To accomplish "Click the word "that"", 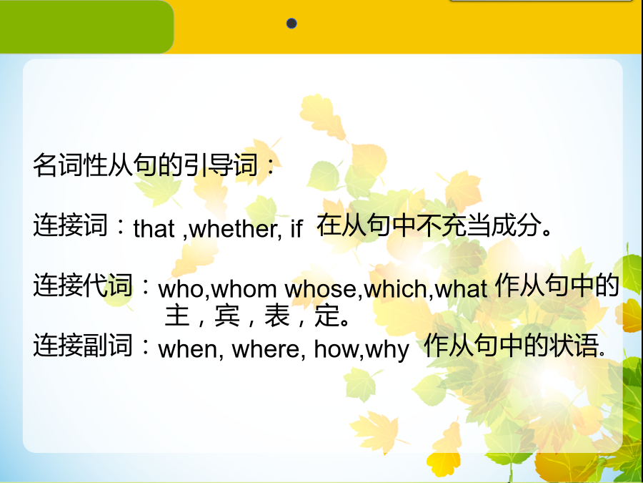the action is point(154,229).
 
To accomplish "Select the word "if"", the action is point(296,229).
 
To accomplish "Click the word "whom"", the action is point(244,289).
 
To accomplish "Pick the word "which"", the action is point(395,289).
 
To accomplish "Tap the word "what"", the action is point(461,289).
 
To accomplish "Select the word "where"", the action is point(266,349).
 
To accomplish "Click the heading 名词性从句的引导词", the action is point(146,165).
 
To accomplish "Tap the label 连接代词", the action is point(83,285).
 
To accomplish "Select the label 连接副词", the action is point(83,345).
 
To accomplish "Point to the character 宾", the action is point(226,315).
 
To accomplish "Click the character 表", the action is point(276,315).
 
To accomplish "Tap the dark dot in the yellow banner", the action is point(291,24).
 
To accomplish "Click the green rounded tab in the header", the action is point(86,26).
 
